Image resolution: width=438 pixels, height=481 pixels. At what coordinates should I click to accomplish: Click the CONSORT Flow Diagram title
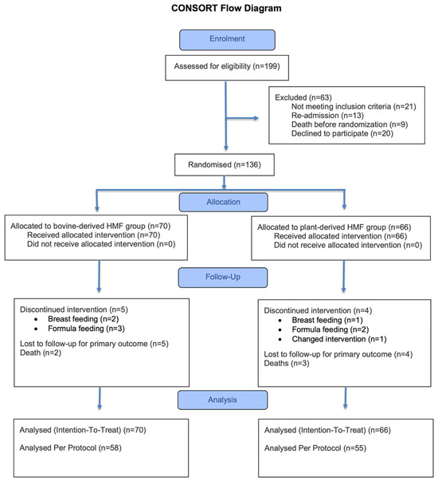pyautogui.click(x=226, y=8)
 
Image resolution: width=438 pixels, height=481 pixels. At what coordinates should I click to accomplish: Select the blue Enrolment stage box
pyautogui.click(x=227, y=40)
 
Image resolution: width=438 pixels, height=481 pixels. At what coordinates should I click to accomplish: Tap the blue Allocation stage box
pyautogui.click(x=223, y=202)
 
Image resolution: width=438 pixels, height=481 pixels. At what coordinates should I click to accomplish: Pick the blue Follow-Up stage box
pyautogui.click(x=223, y=278)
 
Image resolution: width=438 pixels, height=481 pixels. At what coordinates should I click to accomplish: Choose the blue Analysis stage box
pyautogui.click(x=222, y=400)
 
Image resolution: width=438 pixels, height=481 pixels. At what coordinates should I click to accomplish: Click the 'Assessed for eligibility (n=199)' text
pyautogui.click(x=227, y=66)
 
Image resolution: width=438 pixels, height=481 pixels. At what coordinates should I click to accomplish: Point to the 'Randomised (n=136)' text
pyautogui.click(x=225, y=165)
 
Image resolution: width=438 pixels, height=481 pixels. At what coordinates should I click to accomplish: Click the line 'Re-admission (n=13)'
pyautogui.click(x=327, y=116)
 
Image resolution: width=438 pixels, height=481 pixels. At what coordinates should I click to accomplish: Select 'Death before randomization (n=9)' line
pyautogui.click(x=350, y=124)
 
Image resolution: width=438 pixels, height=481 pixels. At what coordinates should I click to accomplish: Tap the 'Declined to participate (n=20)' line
pyautogui.click(x=342, y=133)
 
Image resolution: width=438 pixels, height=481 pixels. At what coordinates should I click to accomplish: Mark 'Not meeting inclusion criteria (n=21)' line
pyautogui.click(x=354, y=107)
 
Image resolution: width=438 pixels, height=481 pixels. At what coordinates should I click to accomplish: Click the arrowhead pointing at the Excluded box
pyautogui.click(x=256, y=118)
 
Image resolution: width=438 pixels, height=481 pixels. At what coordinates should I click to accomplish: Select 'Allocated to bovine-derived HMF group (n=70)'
pyautogui.click(x=90, y=226)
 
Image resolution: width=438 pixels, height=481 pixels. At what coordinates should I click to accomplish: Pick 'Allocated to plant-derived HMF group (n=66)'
pyautogui.click(x=334, y=227)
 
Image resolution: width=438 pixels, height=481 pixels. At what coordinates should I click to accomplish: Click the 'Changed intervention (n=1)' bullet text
pyautogui.click(x=339, y=339)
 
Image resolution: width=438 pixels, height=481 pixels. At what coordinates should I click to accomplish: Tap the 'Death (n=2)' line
pyautogui.click(x=41, y=353)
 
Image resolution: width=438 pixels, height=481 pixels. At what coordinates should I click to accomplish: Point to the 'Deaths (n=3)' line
pyautogui.click(x=287, y=364)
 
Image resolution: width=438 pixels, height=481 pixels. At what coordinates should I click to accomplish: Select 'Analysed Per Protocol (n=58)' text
pyautogui.click(x=70, y=448)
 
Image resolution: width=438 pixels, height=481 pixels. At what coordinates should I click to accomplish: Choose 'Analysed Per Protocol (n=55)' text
pyautogui.click(x=315, y=448)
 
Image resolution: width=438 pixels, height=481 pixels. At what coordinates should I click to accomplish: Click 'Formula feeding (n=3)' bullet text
pyautogui.click(x=86, y=329)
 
